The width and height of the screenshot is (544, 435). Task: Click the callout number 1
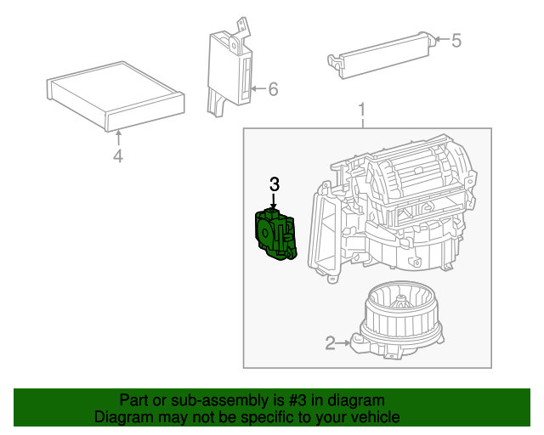[x=362, y=110]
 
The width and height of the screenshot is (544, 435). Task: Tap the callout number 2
[x=330, y=343]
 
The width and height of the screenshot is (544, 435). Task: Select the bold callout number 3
[x=274, y=184]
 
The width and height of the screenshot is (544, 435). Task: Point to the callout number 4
[x=118, y=155]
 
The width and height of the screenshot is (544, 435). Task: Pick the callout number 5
[x=456, y=40]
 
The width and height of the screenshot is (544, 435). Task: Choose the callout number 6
[x=273, y=89]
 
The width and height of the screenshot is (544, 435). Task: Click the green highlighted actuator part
[x=275, y=234]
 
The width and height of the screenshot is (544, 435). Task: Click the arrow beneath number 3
[x=274, y=201]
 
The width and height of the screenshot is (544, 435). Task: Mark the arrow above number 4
[x=118, y=136]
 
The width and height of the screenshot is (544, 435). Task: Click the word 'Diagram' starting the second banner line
[x=122, y=417]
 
